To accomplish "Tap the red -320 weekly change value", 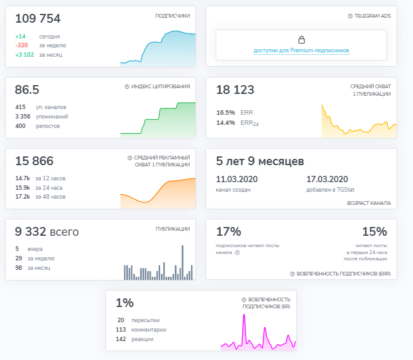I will tap(22, 45).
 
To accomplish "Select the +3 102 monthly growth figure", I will tap(25, 55).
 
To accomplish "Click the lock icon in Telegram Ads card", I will tap(301, 40).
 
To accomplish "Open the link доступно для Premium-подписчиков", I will tap(301, 50).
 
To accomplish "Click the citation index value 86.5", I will tap(27, 90).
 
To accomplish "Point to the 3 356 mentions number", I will tap(22, 116).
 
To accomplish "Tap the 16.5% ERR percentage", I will tap(225, 112).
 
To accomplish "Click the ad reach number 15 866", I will tap(34, 161).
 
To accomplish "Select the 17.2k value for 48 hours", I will tap(23, 197).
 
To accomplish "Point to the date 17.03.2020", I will tap(327, 178).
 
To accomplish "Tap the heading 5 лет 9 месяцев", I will tap(260, 161).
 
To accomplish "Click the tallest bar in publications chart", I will tap(183, 262).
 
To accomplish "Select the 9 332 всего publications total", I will tap(47, 232).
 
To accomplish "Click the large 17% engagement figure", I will tap(228, 231).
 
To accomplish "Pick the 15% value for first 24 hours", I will tap(374, 231).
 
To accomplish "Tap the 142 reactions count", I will tap(121, 339).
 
